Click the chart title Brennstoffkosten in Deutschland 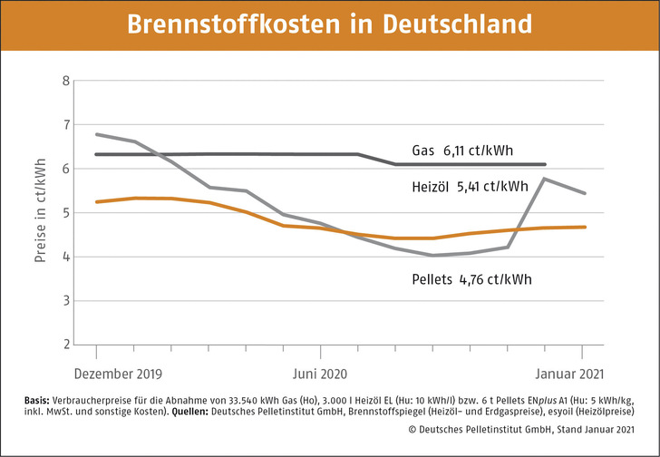(x=329, y=24)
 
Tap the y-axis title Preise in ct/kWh (x=41, y=212)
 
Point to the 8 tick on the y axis (x=64, y=81)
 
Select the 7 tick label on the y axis (x=64, y=125)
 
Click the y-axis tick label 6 (x=64, y=169)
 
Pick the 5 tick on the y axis (x=64, y=213)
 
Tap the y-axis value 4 (x=64, y=257)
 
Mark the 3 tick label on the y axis (x=64, y=301)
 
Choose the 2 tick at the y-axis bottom (x=64, y=345)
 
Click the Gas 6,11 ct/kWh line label (x=469, y=150)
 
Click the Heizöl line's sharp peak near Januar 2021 (x=543, y=179)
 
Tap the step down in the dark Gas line (x=377, y=160)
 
